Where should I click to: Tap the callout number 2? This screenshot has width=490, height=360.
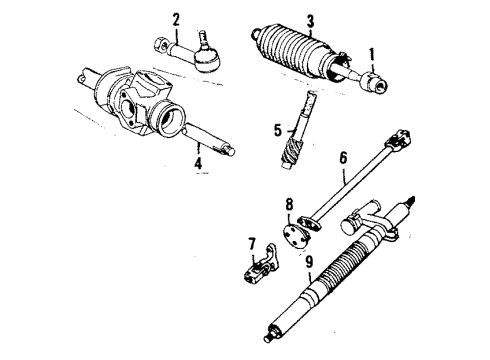pos(177,18)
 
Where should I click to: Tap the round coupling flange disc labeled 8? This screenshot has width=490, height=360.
pos(298,236)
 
